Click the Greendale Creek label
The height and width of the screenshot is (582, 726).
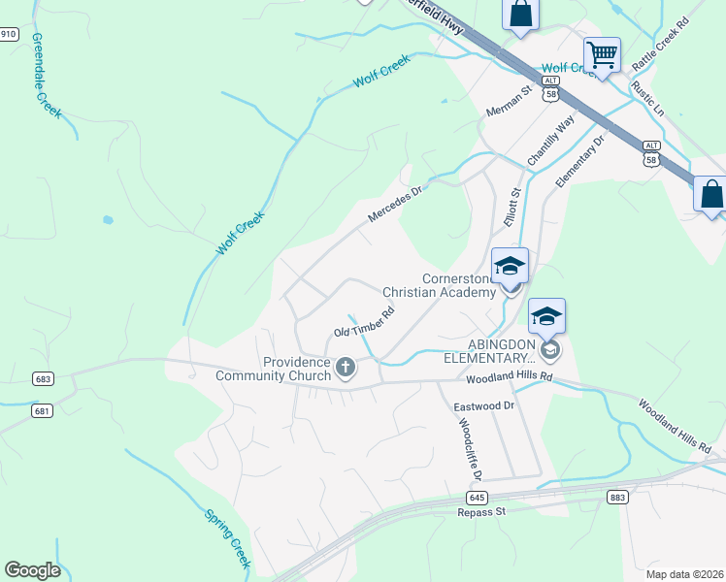(x=47, y=76)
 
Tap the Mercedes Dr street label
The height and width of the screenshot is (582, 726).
(x=397, y=204)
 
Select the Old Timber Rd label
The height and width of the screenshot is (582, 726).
(x=364, y=323)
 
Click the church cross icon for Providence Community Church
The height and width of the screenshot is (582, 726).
(x=346, y=368)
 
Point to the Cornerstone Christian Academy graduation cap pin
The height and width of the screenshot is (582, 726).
(x=510, y=265)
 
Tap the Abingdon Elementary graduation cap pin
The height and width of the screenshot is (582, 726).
(x=546, y=316)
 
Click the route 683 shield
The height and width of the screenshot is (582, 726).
(x=42, y=378)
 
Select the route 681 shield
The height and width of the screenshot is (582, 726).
(x=41, y=411)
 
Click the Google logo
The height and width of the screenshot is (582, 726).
(x=32, y=570)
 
